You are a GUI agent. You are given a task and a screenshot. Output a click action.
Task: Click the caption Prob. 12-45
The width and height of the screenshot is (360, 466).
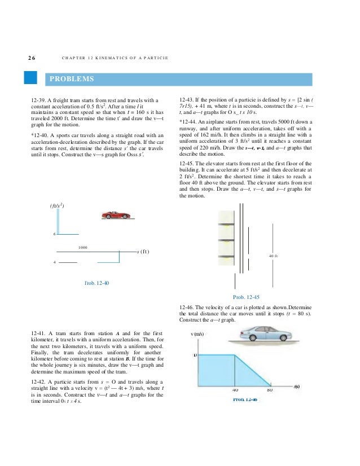tap(246, 296)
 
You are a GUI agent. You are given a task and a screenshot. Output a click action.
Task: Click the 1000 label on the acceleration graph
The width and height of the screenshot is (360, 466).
tap(82, 247)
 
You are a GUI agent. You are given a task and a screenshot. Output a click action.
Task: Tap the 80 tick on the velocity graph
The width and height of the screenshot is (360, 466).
tap(270, 389)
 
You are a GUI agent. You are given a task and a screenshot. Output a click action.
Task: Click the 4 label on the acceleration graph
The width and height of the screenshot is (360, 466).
tap(54, 262)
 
